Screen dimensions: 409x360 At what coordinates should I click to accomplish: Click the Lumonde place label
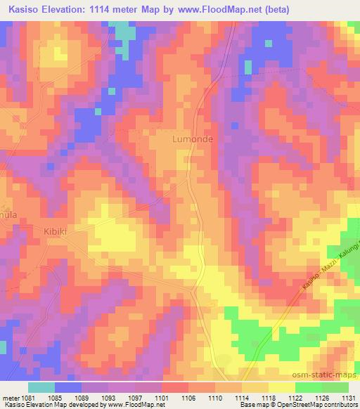coord(193,139)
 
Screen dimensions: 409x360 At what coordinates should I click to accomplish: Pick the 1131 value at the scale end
coord(349,396)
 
